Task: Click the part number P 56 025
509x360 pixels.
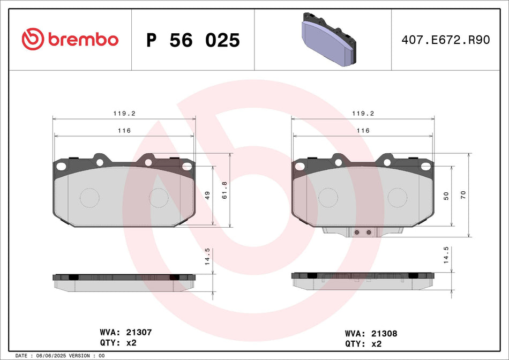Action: coord(193,40)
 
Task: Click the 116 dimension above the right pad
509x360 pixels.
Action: coord(363,131)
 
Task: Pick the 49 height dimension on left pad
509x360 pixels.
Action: coord(207,196)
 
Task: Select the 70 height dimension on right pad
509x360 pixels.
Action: coord(463,195)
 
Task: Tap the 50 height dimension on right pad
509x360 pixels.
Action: coord(446,196)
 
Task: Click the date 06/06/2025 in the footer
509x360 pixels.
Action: coord(53,356)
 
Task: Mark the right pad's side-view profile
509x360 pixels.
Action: coord(363,281)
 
